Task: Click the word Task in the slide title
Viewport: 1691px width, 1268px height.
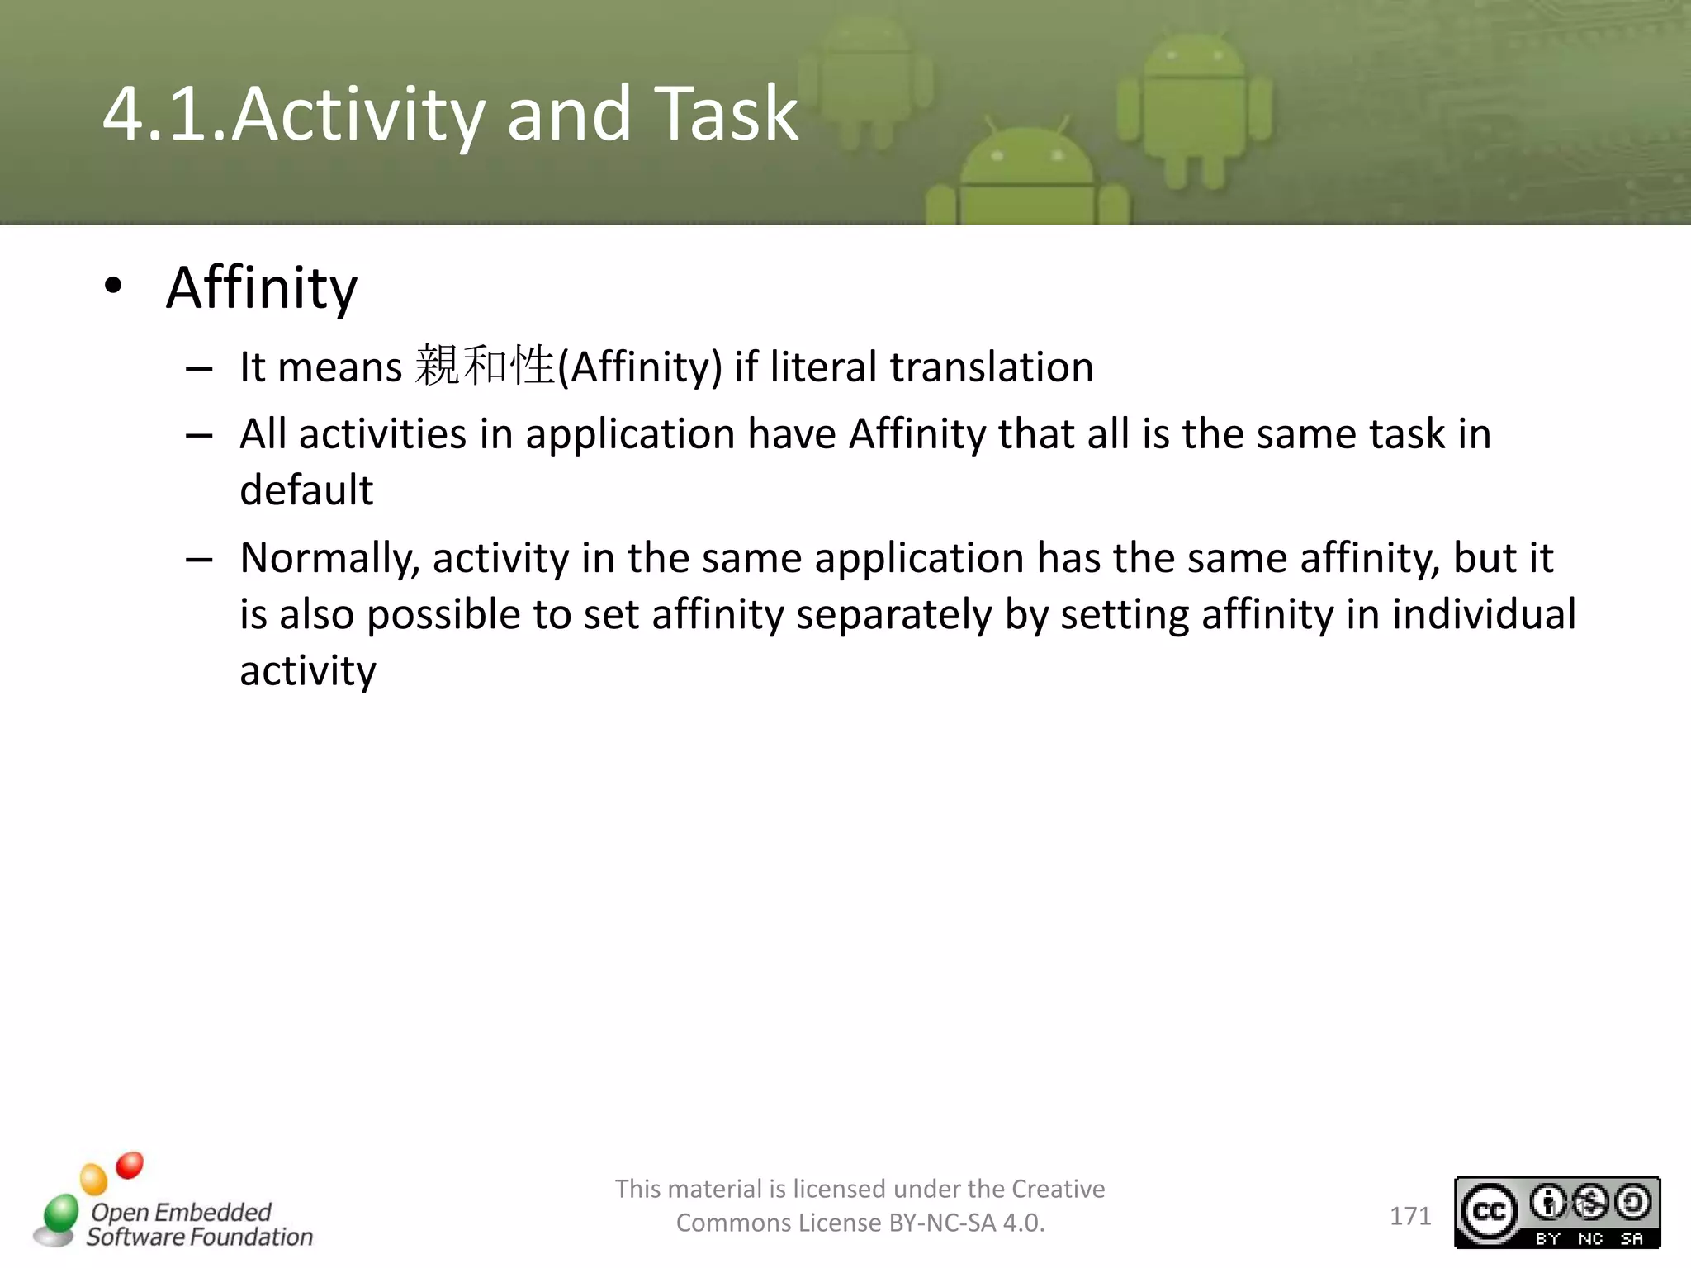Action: click(x=727, y=113)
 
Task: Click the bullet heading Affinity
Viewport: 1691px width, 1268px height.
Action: click(x=262, y=288)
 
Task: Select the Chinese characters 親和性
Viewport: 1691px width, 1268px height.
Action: click(x=485, y=366)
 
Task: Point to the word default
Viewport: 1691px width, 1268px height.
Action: click(x=306, y=490)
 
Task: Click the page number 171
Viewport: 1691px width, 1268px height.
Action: click(x=1410, y=1216)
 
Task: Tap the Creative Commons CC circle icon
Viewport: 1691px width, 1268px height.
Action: click(x=1489, y=1211)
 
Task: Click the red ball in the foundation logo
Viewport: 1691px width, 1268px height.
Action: click(x=130, y=1166)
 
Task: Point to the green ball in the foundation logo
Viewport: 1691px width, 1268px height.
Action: click(x=61, y=1214)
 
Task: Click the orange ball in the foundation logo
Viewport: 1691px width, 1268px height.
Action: click(x=94, y=1180)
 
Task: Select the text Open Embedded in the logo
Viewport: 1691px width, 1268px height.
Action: click(x=181, y=1212)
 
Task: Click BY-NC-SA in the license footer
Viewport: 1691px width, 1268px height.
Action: click(x=941, y=1223)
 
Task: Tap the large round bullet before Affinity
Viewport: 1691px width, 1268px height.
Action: click(x=113, y=286)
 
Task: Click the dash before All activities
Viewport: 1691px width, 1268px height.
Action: click(x=199, y=435)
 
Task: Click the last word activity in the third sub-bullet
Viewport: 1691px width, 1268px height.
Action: click(x=308, y=670)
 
